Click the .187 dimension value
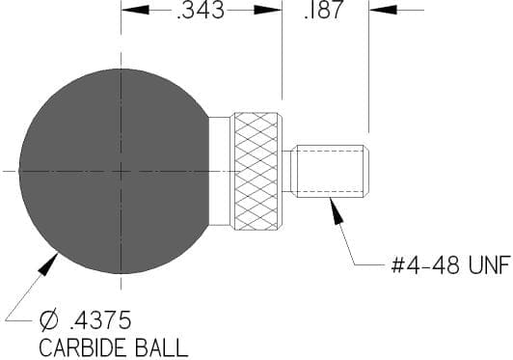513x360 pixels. coord(324,10)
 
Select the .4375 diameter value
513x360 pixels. coord(100,320)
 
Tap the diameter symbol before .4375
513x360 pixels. coord(48,320)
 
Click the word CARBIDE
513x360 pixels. coord(85,347)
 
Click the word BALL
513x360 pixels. coord(162,347)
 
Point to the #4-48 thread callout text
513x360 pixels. coord(425,264)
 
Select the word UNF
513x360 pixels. coord(489,264)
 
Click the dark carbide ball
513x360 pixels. coord(115,171)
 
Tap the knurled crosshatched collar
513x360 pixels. coord(256,172)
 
